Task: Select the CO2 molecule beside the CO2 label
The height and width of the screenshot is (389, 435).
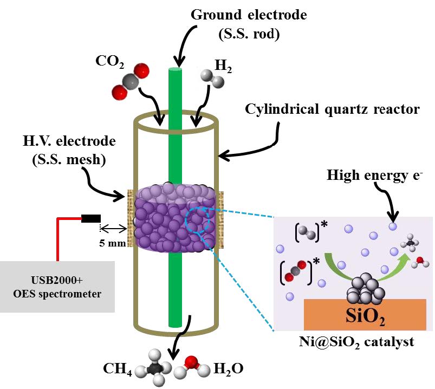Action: click(x=129, y=82)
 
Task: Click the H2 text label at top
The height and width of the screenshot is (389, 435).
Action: click(x=223, y=66)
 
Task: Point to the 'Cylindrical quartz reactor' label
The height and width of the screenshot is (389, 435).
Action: click(x=333, y=109)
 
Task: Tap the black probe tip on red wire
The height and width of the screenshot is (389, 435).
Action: click(x=90, y=219)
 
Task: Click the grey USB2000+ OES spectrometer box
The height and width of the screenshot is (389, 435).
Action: click(x=57, y=287)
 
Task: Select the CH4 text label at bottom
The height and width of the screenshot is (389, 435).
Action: click(x=116, y=370)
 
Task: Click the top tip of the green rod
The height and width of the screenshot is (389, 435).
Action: click(x=176, y=69)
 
